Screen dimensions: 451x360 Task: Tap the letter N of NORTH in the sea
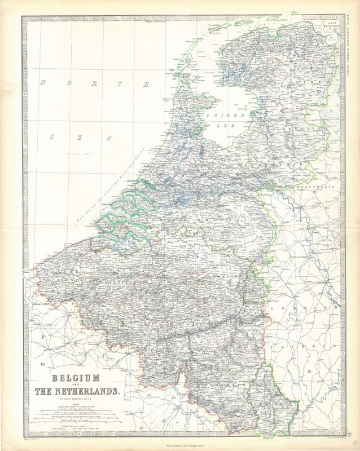click(x=42, y=83)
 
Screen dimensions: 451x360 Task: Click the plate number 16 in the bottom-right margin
click(x=354, y=433)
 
